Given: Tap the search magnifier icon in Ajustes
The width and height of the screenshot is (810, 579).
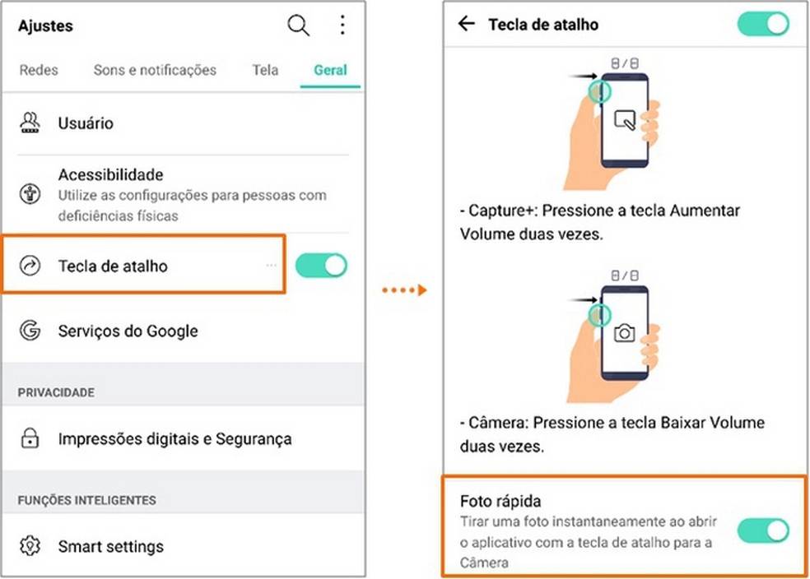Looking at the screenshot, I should [298, 25].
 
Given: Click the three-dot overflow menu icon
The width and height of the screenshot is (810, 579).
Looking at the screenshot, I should [342, 25].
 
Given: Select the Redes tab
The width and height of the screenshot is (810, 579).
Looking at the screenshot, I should [39, 70].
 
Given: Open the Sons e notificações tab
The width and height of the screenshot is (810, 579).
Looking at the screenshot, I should [155, 70].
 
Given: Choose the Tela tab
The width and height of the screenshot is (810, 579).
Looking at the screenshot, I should [265, 70].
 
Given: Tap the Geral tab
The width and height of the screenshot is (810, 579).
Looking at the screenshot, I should [330, 70].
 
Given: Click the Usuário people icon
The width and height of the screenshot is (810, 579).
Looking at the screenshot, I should [30, 124].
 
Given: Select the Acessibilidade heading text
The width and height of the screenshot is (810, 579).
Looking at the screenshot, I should [110, 174].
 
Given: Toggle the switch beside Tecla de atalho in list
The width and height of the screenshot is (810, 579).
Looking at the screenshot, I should [321, 266].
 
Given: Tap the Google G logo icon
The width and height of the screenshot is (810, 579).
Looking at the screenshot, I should [30, 331].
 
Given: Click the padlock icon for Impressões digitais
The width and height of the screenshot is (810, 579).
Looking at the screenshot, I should [30, 439].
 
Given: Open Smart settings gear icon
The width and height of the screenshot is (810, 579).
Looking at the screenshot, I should [30, 546].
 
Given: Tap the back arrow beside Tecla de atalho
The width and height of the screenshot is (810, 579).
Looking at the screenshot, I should [467, 24].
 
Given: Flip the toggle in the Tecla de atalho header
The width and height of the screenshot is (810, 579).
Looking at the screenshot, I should [763, 24].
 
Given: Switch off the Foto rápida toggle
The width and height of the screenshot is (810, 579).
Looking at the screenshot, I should [763, 530].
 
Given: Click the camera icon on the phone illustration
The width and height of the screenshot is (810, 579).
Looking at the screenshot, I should [625, 332].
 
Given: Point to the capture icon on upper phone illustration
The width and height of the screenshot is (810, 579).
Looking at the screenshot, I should [625, 122].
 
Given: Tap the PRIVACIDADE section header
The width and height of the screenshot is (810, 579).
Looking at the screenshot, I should [56, 392].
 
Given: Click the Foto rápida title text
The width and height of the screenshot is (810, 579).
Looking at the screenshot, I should [500, 501].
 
